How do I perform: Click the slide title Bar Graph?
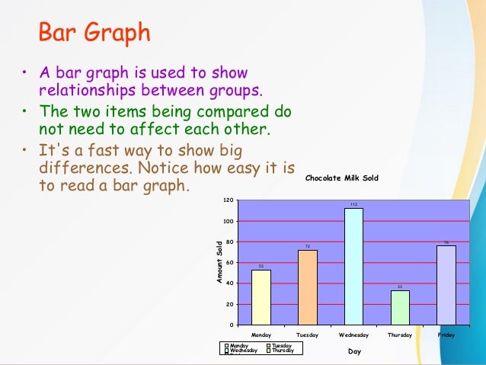[94, 34]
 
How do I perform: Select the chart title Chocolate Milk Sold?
[341, 178]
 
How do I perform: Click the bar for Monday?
[261, 297]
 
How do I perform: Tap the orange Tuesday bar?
[307, 287]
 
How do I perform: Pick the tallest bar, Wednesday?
[353, 266]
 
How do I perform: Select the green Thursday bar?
[400, 307]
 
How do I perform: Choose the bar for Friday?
[446, 285]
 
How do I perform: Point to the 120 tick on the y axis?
[228, 200]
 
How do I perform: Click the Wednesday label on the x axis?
[353, 335]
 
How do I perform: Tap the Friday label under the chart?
[446, 335]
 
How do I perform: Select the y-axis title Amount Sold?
[219, 263]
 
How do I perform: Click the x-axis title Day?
[354, 352]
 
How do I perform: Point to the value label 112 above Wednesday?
[353, 204]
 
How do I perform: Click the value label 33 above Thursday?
[400, 287]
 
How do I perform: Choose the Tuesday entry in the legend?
[282, 345]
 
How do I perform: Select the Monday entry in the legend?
[239, 345]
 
